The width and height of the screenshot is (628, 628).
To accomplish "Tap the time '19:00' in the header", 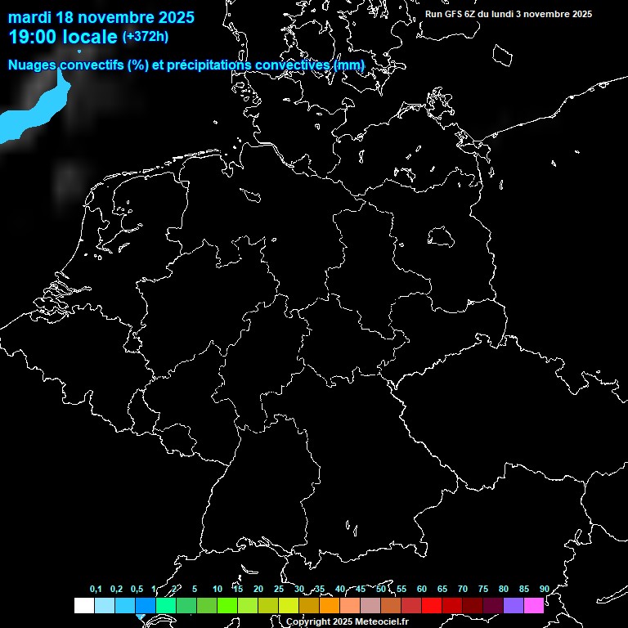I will click(x=35, y=37).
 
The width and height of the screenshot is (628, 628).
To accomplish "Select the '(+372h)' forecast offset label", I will click(x=146, y=36).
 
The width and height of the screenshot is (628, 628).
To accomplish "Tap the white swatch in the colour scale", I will click(x=83, y=606).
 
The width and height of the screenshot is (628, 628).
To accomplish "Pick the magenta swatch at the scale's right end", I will click(x=534, y=606).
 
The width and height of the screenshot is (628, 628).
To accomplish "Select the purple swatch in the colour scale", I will click(x=514, y=606).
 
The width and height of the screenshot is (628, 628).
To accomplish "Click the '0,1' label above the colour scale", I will click(x=96, y=590).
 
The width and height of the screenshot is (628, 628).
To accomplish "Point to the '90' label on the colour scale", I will click(x=544, y=590).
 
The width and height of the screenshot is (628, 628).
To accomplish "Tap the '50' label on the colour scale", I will click(x=381, y=590).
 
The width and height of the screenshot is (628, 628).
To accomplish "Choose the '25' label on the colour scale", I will click(x=279, y=590).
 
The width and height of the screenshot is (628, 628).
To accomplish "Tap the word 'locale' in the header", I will click(x=92, y=37).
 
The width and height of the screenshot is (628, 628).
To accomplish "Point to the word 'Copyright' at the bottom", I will click(x=308, y=622).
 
